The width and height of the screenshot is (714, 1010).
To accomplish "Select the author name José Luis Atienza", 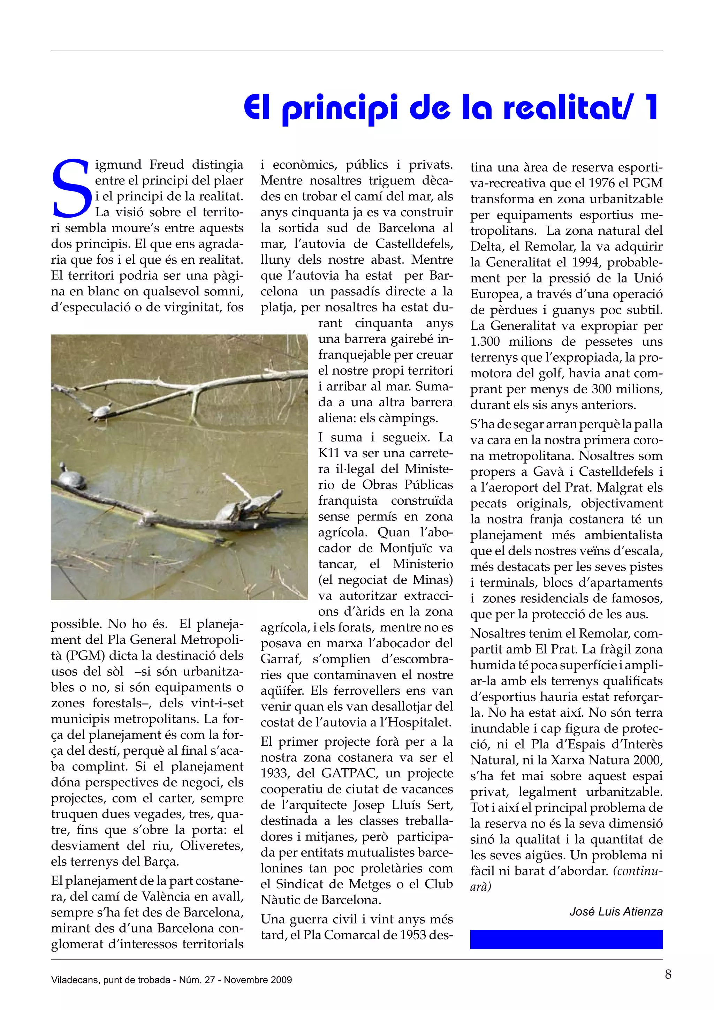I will point(616,911).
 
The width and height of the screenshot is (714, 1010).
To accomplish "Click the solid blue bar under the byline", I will point(566,939).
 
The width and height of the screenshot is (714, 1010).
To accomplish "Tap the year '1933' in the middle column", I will point(275,773).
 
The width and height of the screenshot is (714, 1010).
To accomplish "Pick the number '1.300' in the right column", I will point(485,342).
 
